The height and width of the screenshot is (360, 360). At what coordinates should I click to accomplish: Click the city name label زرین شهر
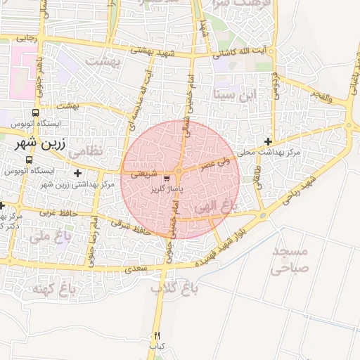click(x=40, y=146)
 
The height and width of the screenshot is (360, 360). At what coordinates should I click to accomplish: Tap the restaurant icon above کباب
click(x=157, y=335)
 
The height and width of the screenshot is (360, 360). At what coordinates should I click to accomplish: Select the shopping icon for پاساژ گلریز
click(x=166, y=179)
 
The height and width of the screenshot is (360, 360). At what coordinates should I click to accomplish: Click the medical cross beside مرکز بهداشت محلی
click(x=267, y=141)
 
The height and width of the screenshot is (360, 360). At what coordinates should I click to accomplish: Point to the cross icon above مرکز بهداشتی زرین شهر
click(x=77, y=173)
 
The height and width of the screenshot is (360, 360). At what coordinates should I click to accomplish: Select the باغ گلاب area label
click(x=174, y=288)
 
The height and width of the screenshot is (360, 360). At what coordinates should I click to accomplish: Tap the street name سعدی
click(x=136, y=269)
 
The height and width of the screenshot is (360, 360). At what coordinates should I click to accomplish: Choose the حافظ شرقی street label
click(x=131, y=226)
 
